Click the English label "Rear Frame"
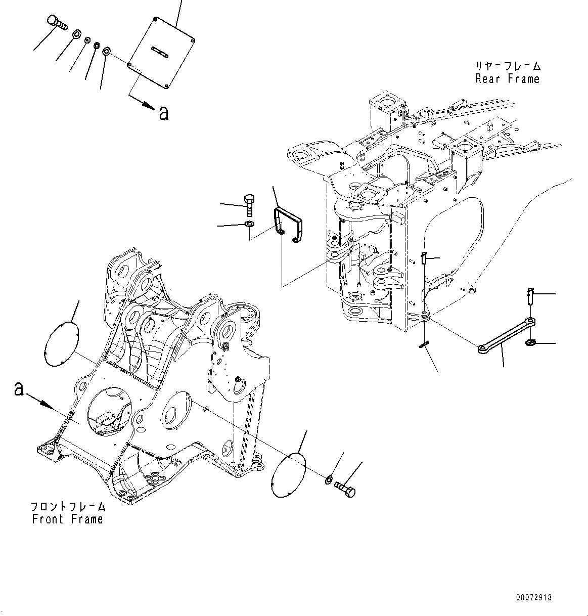(x=507, y=79)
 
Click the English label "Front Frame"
(x=67, y=519)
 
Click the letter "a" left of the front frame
(x=19, y=389)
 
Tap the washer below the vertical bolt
(x=249, y=224)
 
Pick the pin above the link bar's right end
(x=529, y=296)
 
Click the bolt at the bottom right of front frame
(x=345, y=489)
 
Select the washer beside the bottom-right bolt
(x=328, y=478)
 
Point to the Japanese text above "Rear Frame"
(x=507, y=66)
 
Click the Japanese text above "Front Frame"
(x=68, y=506)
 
